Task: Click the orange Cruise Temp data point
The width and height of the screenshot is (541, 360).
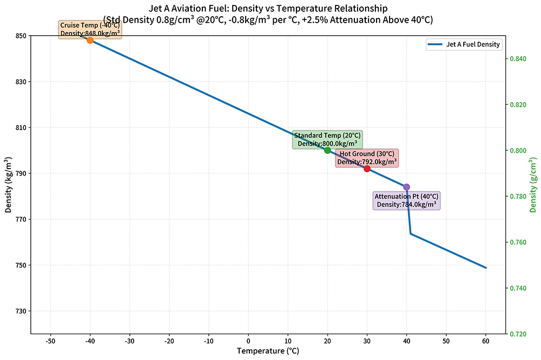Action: (x=90, y=40)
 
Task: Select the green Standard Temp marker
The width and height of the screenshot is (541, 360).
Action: (x=327, y=150)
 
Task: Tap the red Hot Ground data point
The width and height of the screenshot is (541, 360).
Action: (x=367, y=169)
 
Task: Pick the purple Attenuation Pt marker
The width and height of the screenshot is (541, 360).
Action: (x=407, y=187)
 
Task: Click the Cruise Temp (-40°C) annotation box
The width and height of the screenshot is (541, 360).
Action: (x=90, y=29)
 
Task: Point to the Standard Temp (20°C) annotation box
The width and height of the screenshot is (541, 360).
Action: (x=327, y=139)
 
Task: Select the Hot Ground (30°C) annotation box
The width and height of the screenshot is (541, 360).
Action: (x=367, y=158)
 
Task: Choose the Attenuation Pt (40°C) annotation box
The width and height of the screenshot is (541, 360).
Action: (x=407, y=200)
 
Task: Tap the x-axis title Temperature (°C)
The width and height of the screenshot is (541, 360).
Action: (x=268, y=351)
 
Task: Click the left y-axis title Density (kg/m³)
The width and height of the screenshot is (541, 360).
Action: (x=9, y=185)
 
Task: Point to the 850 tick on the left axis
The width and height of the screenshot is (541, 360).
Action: (x=20, y=36)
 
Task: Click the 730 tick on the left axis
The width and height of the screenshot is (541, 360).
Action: (x=20, y=311)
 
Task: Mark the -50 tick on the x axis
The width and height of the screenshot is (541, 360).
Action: (x=50, y=341)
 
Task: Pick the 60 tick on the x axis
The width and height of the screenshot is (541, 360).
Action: (x=486, y=341)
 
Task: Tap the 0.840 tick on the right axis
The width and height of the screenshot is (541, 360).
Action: (x=518, y=58)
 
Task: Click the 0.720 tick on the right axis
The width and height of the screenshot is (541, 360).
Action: (x=518, y=334)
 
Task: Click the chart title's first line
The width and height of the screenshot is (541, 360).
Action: (x=268, y=8)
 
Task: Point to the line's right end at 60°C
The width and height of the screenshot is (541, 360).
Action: (x=486, y=268)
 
